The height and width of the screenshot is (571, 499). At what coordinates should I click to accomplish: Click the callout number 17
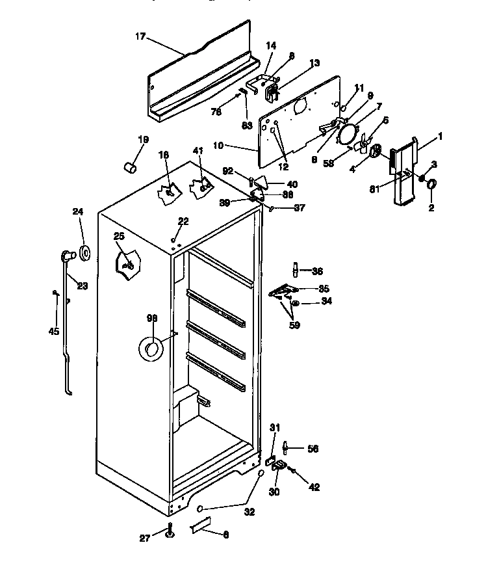[140, 36]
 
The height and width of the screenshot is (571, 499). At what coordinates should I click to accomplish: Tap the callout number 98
[151, 318]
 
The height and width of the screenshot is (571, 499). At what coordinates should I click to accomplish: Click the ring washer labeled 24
[85, 253]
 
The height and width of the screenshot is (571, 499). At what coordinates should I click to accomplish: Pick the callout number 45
[53, 331]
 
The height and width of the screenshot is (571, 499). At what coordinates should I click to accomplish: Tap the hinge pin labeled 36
[296, 269]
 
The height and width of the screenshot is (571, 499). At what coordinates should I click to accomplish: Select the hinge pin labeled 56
[285, 449]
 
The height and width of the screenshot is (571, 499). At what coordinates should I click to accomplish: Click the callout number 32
[249, 512]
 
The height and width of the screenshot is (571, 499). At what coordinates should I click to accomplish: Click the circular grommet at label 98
[150, 351]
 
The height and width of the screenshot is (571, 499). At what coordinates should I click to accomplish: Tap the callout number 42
[314, 487]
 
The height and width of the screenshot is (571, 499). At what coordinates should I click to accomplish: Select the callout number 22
[183, 222]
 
